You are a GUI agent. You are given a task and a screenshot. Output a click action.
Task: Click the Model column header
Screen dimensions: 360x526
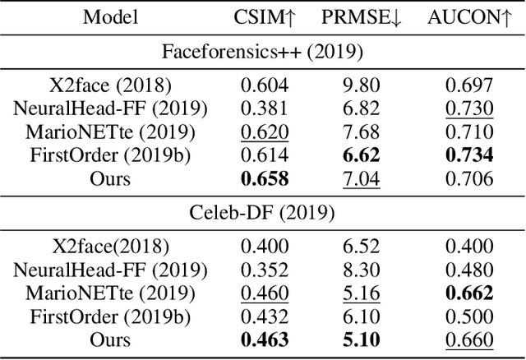110,16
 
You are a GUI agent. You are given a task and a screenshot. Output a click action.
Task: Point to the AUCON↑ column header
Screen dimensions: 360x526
464,16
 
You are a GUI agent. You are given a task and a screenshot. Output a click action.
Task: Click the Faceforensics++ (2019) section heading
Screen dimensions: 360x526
263,51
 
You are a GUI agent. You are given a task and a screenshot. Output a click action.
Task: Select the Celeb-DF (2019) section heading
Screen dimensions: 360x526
263,213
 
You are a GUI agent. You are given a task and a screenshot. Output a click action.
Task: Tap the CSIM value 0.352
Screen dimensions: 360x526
263,270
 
